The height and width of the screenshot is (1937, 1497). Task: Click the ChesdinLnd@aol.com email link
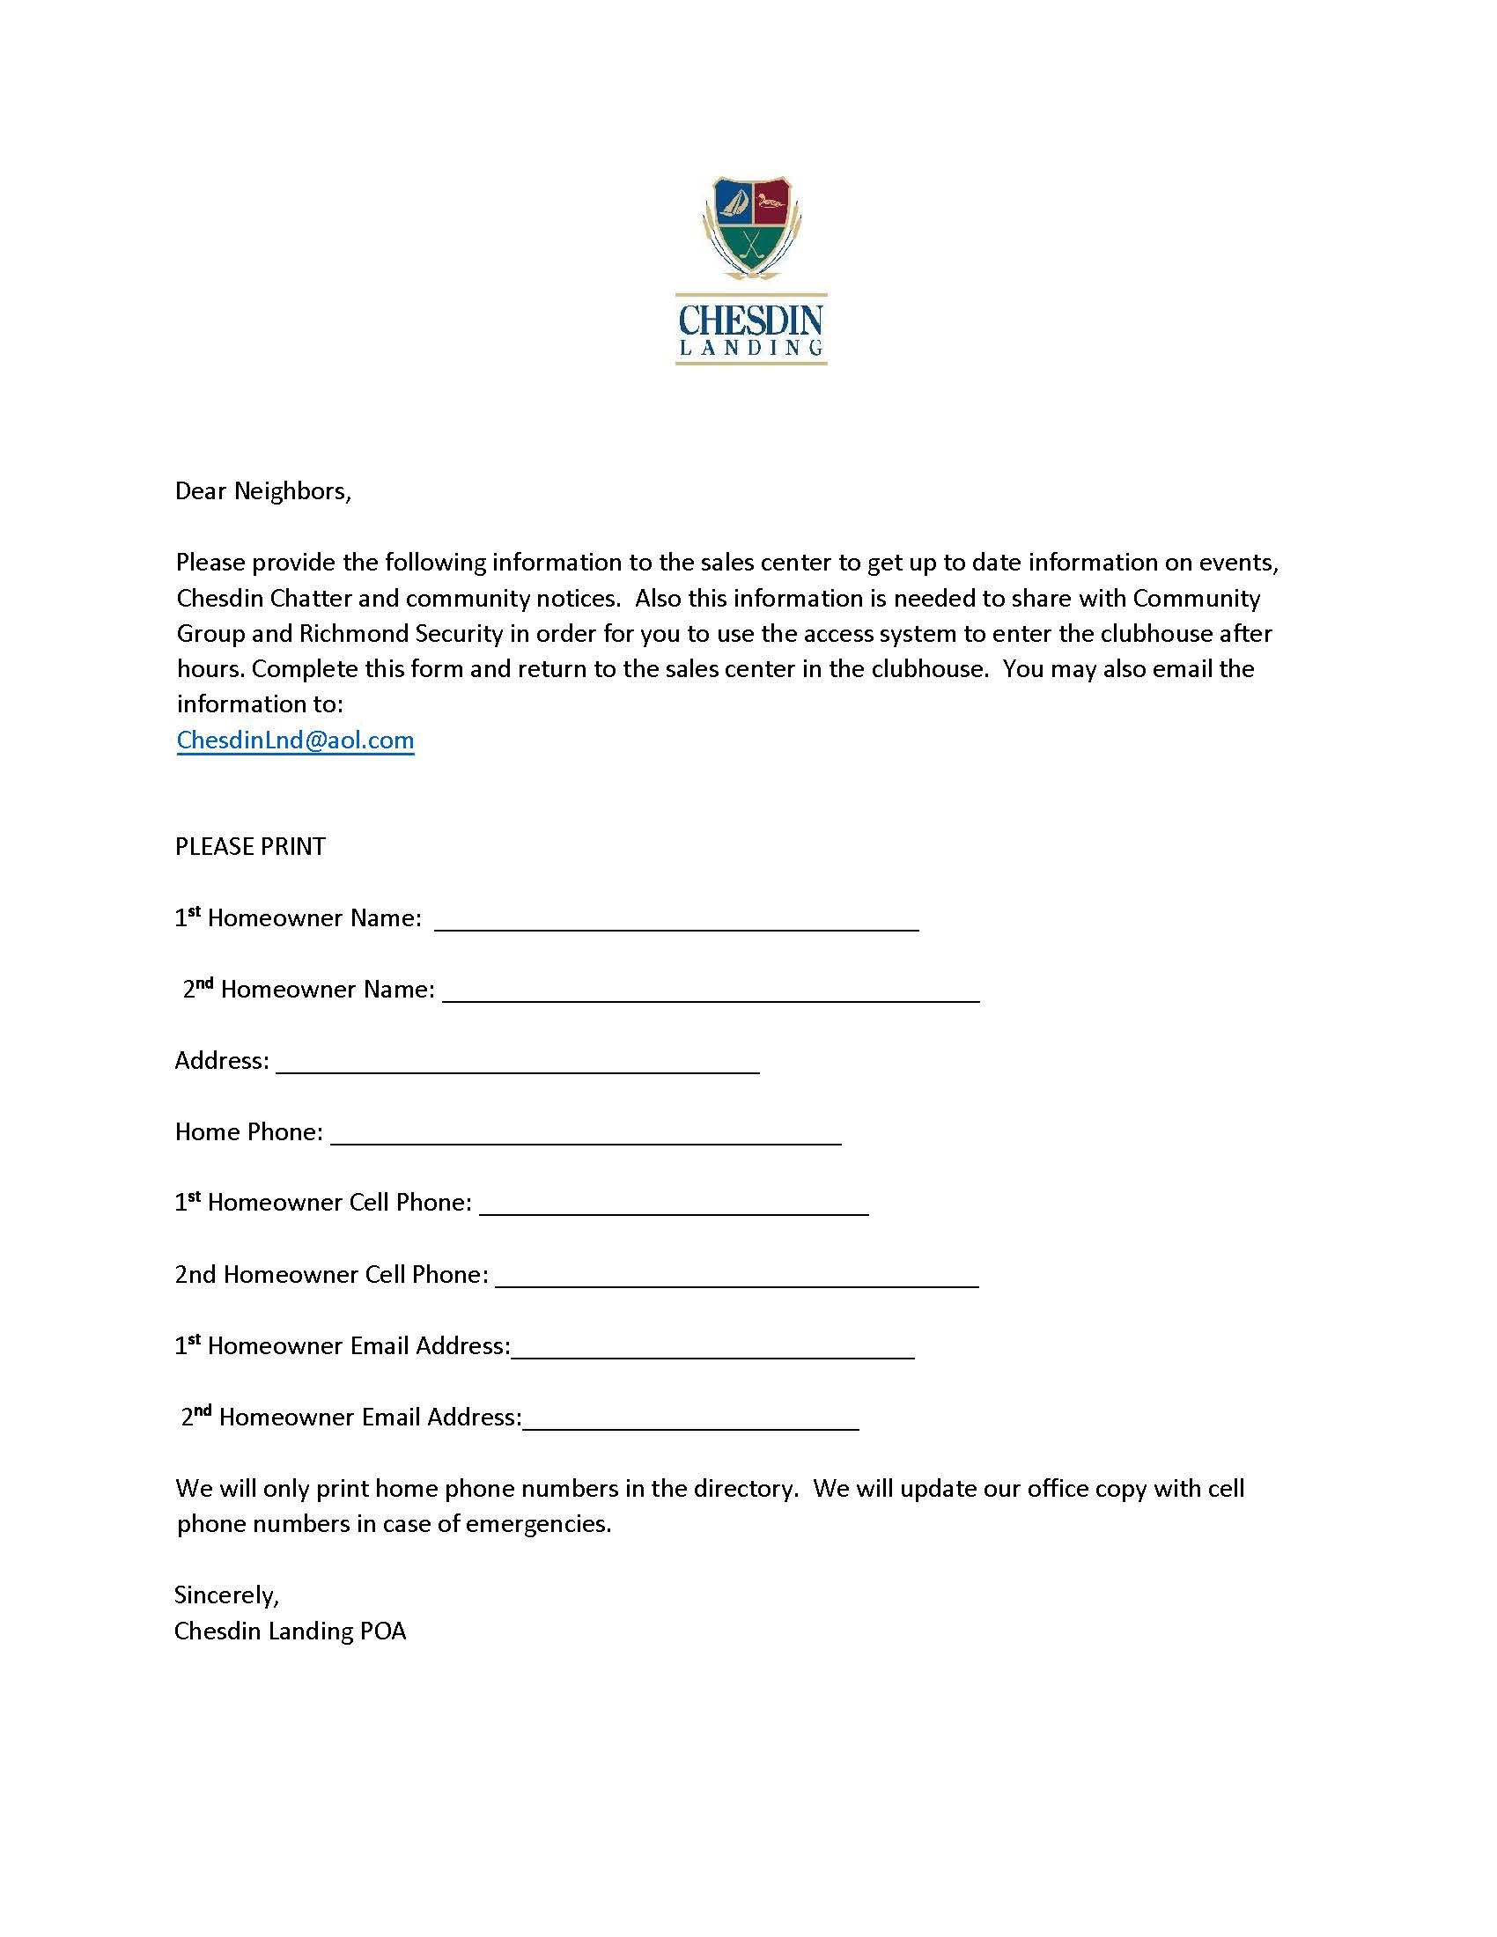(295, 740)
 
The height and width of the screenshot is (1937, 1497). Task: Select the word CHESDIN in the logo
(750, 320)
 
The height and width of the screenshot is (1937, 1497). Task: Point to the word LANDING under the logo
(750, 348)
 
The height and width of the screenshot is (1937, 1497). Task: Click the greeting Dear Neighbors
(262, 491)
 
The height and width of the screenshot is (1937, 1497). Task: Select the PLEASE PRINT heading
(250, 846)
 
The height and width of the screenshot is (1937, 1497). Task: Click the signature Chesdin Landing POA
(290, 1630)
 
